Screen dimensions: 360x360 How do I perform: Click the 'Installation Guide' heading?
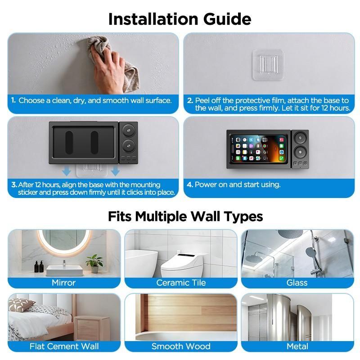pyautogui.click(x=180, y=19)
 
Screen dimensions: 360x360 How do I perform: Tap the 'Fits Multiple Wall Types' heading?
pyautogui.click(x=185, y=216)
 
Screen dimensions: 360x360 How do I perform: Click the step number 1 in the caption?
pyautogui.click(x=14, y=100)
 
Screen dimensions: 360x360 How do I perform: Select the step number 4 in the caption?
pyautogui.click(x=190, y=184)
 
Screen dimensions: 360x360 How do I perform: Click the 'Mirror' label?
pyautogui.click(x=63, y=283)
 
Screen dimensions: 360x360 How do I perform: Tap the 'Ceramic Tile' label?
pyautogui.click(x=181, y=283)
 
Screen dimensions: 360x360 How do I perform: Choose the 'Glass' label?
pyautogui.click(x=297, y=283)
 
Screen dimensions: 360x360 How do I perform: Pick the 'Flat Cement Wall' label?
pyautogui.click(x=64, y=346)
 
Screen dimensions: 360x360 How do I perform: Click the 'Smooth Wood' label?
pyautogui.click(x=181, y=346)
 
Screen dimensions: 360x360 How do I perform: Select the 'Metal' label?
pyautogui.click(x=297, y=346)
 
